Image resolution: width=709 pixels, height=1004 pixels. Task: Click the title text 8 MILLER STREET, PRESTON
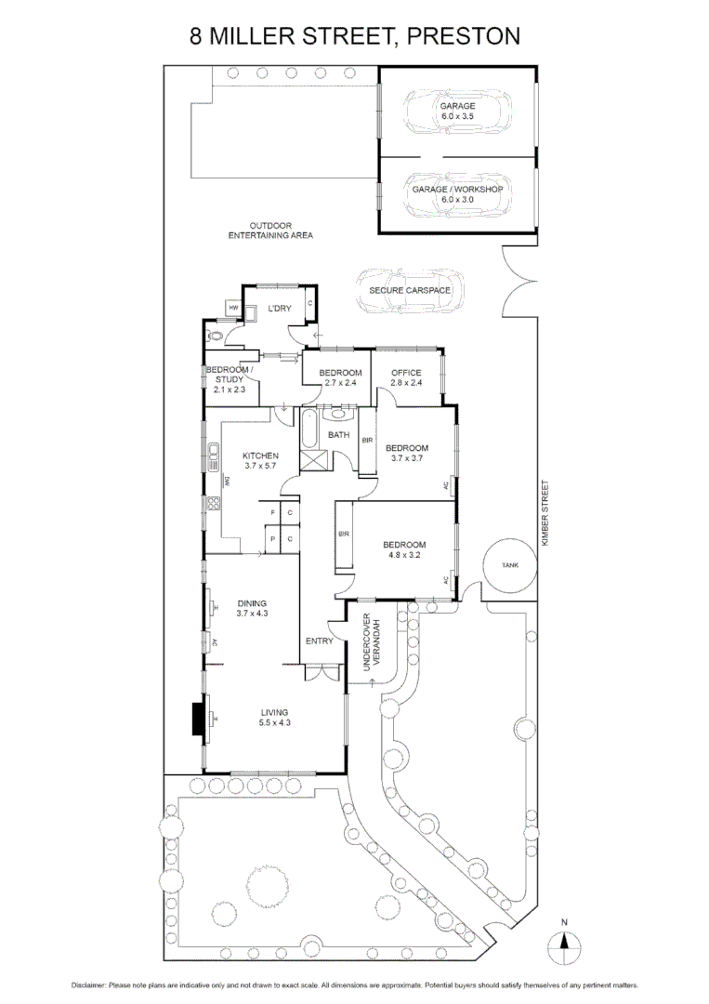point(354,36)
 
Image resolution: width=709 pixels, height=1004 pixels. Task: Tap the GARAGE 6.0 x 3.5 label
point(457,112)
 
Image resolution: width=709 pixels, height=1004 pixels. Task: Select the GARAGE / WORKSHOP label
point(457,193)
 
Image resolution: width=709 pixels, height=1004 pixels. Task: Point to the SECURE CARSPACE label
point(410,290)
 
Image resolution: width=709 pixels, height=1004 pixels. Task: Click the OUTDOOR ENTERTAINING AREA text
point(270,231)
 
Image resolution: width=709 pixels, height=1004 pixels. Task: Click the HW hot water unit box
point(234,308)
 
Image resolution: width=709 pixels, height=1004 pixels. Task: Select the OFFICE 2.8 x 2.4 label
point(406,377)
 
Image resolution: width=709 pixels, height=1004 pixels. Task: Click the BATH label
point(338,434)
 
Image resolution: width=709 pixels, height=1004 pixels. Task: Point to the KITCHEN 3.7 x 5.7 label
point(260,460)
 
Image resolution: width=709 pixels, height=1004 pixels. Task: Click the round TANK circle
point(510,564)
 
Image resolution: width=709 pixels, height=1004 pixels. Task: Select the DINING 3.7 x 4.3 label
point(251,608)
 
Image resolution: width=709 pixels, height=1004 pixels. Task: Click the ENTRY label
point(319,641)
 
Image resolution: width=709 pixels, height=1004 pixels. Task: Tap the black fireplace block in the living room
point(198,718)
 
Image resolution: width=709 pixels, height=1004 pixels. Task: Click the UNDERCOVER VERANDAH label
point(370,642)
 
